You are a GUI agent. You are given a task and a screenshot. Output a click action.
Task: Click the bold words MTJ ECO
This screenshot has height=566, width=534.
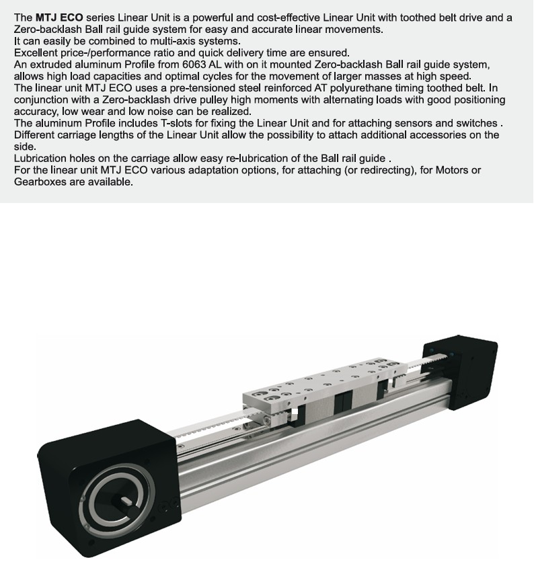point(59,17)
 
